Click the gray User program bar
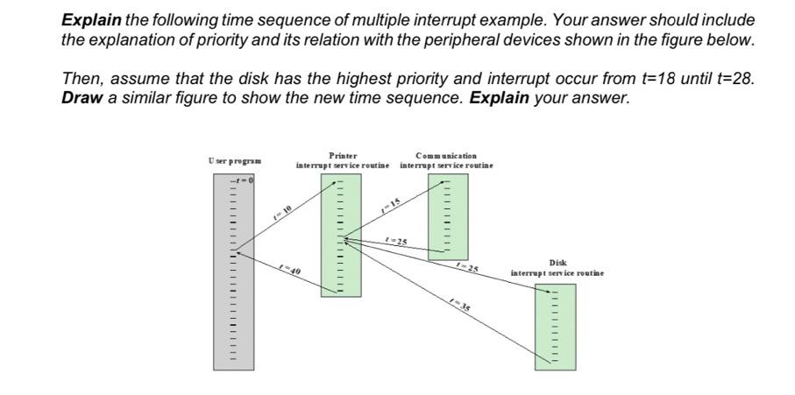point(233,272)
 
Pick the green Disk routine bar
point(555,326)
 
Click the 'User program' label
point(236,161)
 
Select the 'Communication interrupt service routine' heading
point(447,160)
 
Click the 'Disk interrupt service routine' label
point(557,268)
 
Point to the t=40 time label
point(291,270)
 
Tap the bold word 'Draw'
point(82,97)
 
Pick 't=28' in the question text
point(732,79)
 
